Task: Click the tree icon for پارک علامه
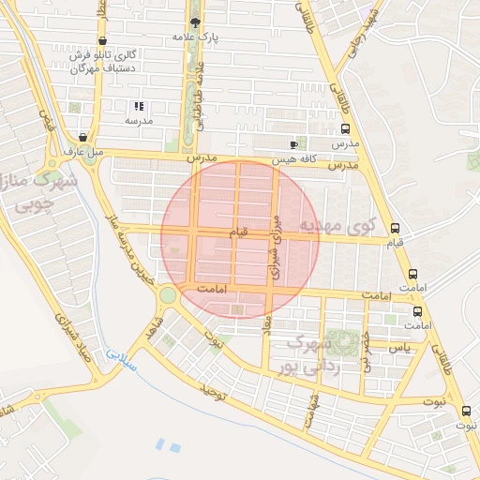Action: pos(195,22)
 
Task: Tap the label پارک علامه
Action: pos(195,37)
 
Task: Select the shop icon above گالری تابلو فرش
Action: pos(101,41)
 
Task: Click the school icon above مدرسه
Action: pos(139,107)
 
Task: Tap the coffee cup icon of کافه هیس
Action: pos(293,144)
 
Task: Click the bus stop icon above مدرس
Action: pos(345,128)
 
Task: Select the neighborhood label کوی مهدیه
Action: pos(337,226)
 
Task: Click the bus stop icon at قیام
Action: pos(395,228)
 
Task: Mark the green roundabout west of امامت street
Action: pos(168,295)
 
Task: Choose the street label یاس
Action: pos(399,348)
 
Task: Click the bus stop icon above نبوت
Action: pos(467,410)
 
